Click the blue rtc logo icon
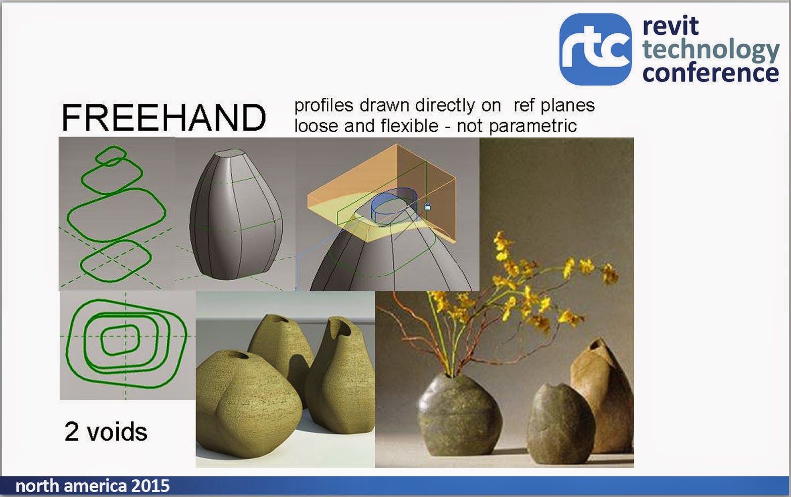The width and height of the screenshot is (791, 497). click(596, 49)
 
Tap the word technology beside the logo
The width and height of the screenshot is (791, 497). click(711, 50)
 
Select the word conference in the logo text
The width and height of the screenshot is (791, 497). click(711, 73)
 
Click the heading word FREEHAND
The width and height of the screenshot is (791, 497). click(164, 118)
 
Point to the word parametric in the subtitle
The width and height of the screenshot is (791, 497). click(533, 127)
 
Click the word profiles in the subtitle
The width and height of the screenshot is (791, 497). click(323, 106)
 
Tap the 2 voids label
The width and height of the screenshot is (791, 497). click(106, 431)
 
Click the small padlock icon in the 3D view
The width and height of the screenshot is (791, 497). click(427, 207)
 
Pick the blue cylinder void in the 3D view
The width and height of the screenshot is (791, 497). click(394, 206)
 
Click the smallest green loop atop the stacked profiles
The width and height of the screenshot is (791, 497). click(111, 156)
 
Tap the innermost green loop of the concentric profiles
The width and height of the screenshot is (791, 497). click(120, 340)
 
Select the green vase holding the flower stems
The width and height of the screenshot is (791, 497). click(460, 414)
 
